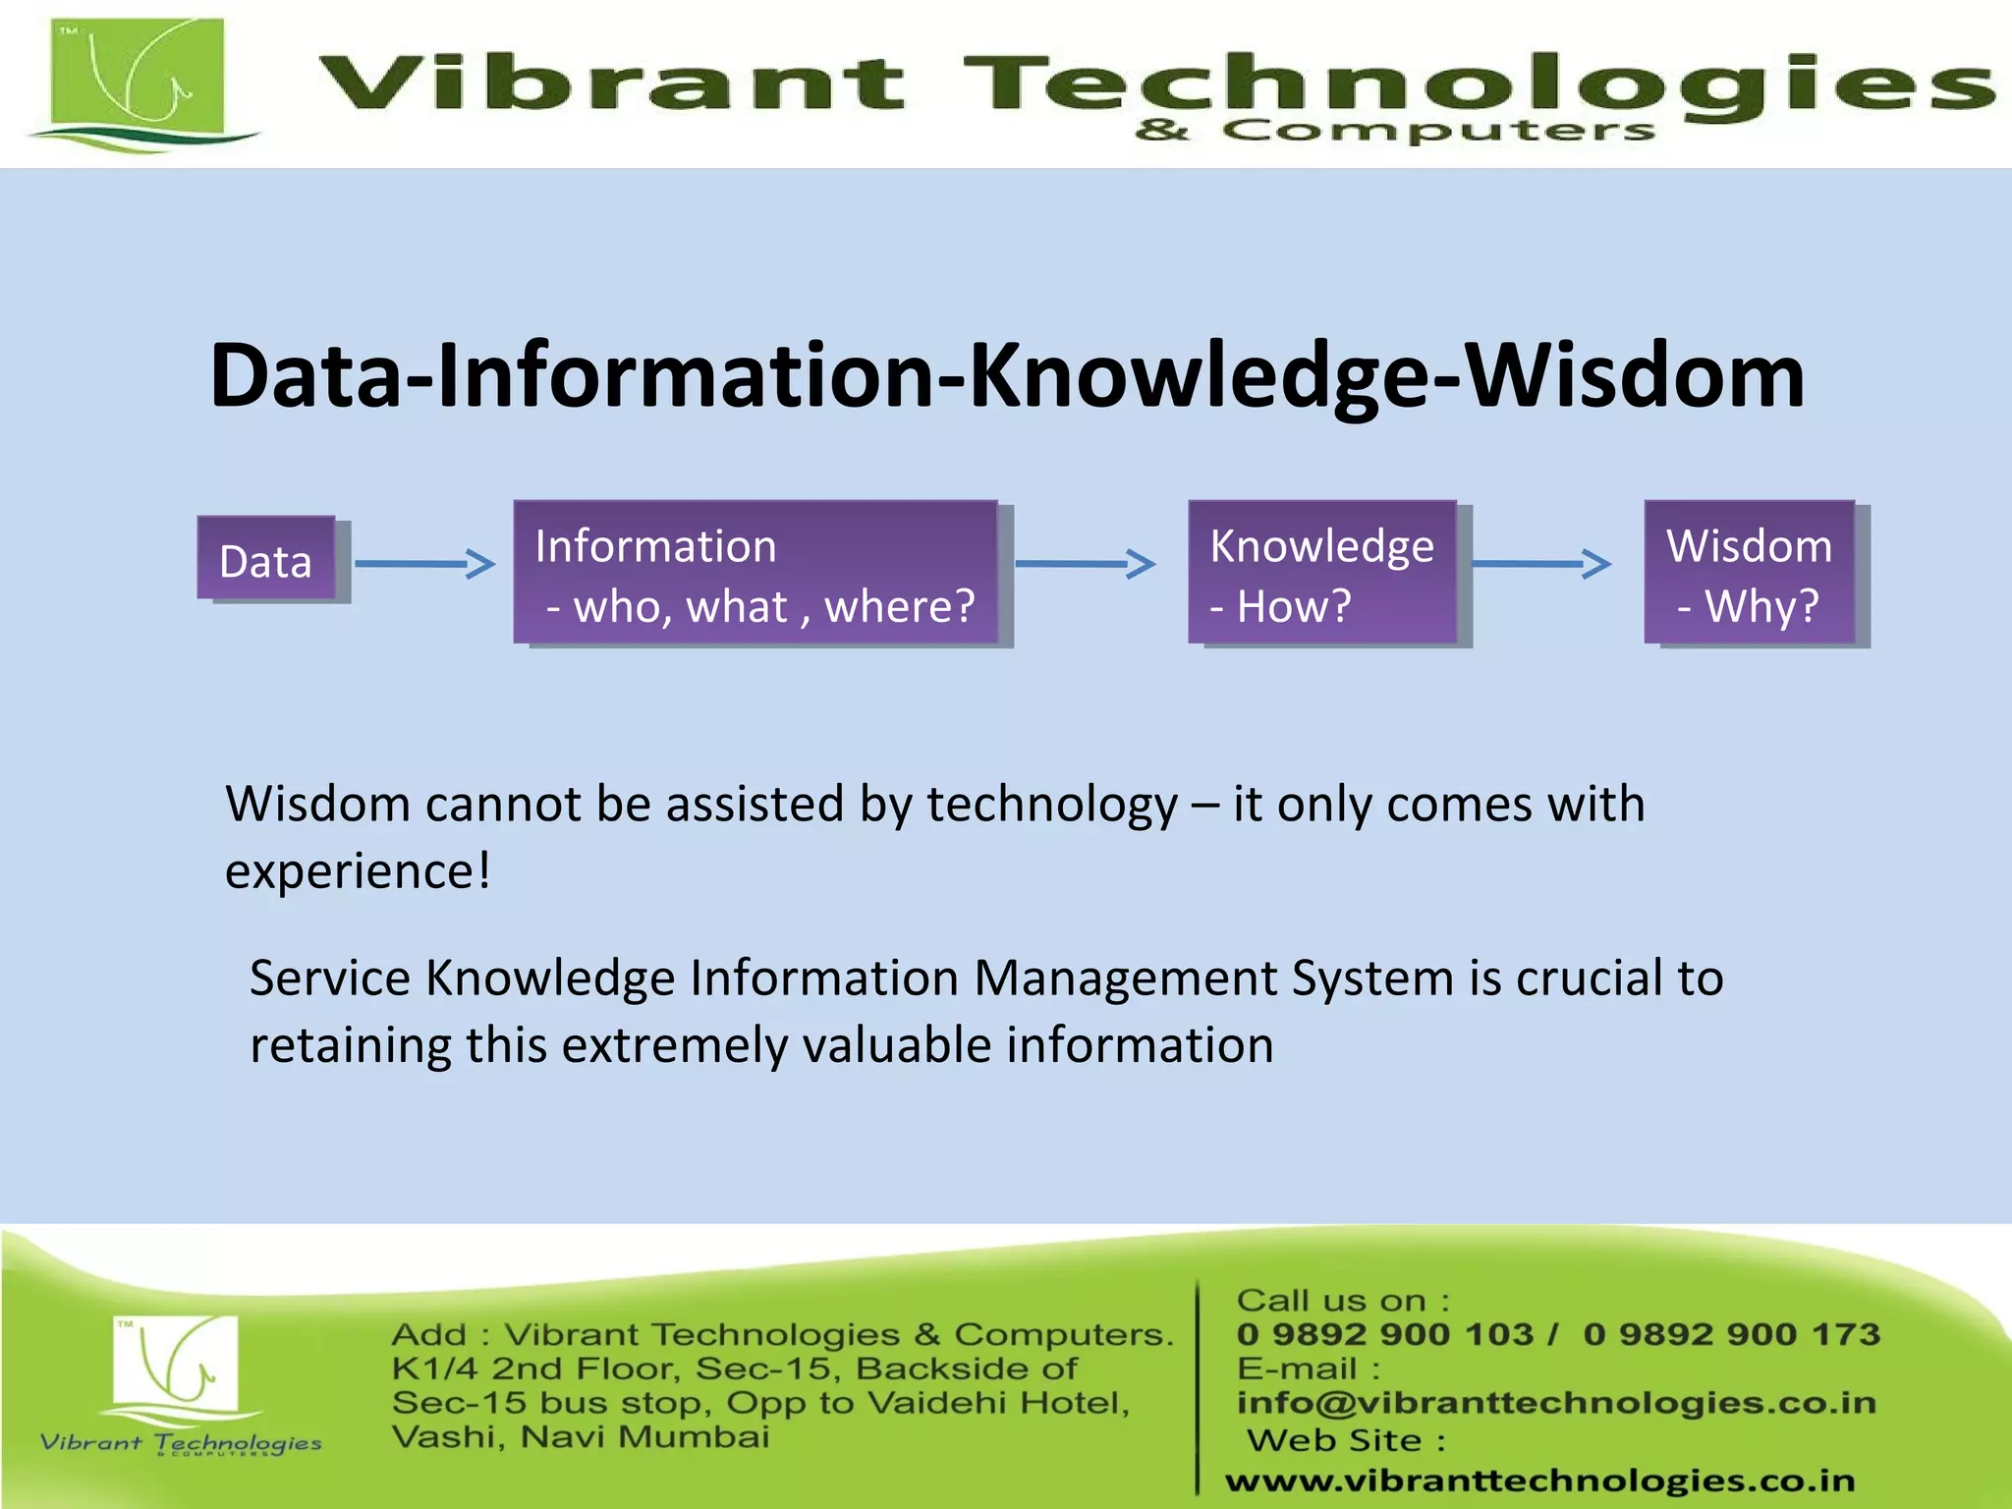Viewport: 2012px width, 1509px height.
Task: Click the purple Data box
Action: pyautogui.click(x=266, y=558)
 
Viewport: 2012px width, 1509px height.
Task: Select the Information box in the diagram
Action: pyautogui.click(x=755, y=573)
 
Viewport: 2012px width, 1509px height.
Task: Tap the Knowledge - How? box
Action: pyautogui.click(x=1322, y=573)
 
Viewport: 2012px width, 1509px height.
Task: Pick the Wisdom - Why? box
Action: pyautogui.click(x=1750, y=573)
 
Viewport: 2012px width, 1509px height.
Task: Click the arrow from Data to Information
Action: pyautogui.click(x=424, y=564)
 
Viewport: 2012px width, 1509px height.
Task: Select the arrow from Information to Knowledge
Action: pyautogui.click(x=1085, y=564)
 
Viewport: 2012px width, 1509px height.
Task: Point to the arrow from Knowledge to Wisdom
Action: pyautogui.click(x=1541, y=564)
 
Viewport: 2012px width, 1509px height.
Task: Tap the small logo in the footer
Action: pyautogui.click(x=176, y=1366)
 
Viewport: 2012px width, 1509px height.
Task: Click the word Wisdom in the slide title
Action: pyautogui.click(x=1635, y=375)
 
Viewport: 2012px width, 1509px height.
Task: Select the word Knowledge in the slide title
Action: pyautogui.click(x=1198, y=375)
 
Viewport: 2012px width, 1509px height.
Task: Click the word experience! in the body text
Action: pyautogui.click(x=358, y=871)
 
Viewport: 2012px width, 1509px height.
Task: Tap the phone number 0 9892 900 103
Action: pyautogui.click(x=1384, y=1334)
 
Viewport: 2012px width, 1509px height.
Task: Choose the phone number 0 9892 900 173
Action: pyautogui.click(x=1731, y=1334)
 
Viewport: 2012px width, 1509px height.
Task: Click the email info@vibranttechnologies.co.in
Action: pyautogui.click(x=1556, y=1403)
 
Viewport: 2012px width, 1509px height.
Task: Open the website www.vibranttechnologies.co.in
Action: pyautogui.click(x=1539, y=1481)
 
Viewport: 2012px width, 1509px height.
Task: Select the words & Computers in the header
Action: pyautogui.click(x=1395, y=131)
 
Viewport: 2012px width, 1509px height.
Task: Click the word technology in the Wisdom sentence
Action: pyautogui.click(x=1051, y=805)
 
